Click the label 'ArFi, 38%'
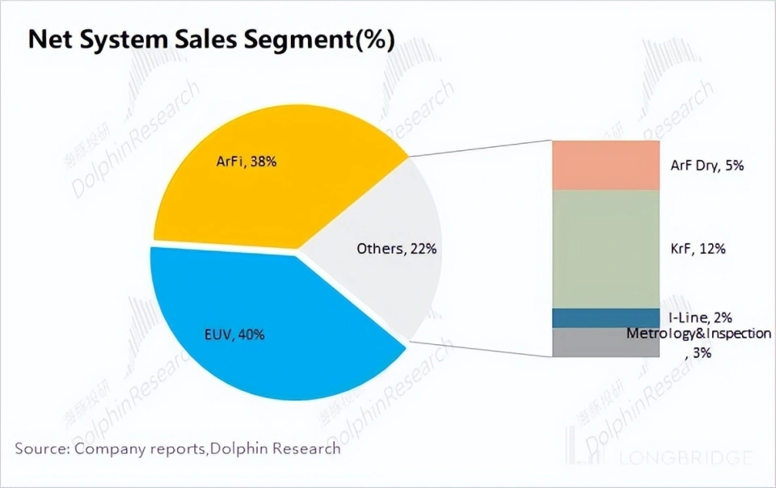[x=252, y=162]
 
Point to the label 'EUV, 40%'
[x=234, y=334]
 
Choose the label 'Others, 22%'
[x=397, y=249]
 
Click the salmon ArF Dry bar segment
[x=605, y=165]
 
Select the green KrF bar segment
[x=605, y=249]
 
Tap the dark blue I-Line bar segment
[x=605, y=318]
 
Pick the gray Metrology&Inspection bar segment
[x=605, y=343]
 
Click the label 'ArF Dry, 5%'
[x=707, y=166]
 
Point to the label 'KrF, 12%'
[x=698, y=249]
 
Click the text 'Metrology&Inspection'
[x=698, y=334]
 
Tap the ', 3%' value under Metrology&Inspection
[x=698, y=352]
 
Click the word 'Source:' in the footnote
[x=42, y=448]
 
